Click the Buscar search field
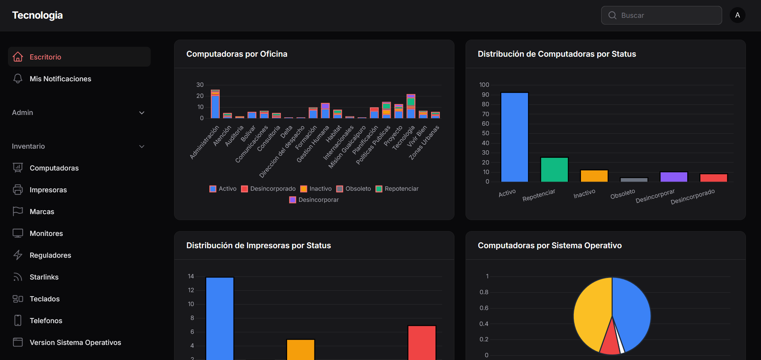(661, 15)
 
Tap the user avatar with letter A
(737, 15)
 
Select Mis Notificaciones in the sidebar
(60, 79)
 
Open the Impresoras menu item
(48, 190)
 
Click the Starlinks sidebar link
(44, 277)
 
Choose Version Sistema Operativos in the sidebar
(75, 343)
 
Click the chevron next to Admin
(142, 113)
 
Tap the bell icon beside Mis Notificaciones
(18, 79)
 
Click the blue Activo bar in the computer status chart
(514, 137)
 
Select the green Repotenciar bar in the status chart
(554, 170)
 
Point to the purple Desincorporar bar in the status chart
(673, 177)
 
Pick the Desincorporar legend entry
(314, 200)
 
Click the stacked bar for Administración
(215, 104)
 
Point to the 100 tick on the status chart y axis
(484, 85)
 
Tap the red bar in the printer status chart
(422, 343)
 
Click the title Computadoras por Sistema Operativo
(550, 245)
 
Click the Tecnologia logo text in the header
(37, 15)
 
